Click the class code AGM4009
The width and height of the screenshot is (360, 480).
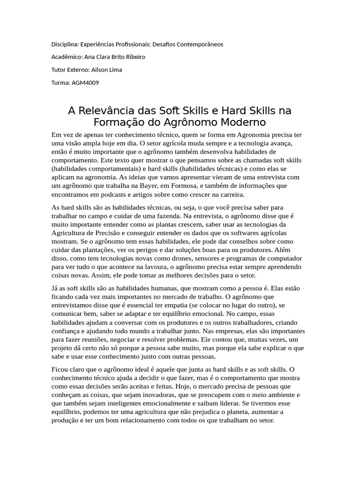click(x=85, y=83)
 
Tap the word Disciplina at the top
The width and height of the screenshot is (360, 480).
click(x=65, y=45)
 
